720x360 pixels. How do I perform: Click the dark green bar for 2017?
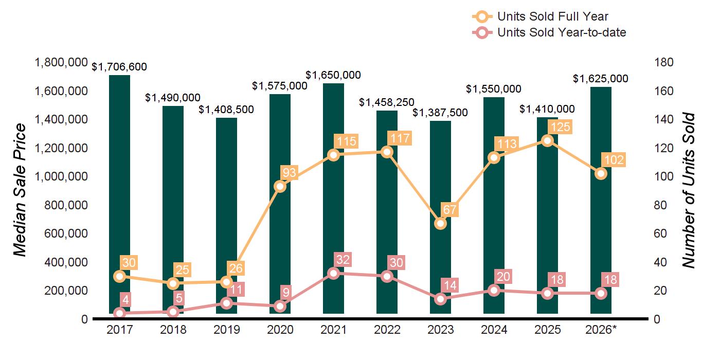[x=119, y=194]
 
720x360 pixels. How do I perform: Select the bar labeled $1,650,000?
[x=333, y=199]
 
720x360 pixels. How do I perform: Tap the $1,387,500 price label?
[x=440, y=113]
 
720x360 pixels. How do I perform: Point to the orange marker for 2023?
[x=440, y=223]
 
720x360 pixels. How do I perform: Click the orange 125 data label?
[x=561, y=127]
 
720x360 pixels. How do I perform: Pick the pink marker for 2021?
[x=334, y=274]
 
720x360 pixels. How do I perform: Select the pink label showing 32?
[x=343, y=259]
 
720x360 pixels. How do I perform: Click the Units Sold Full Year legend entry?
[x=540, y=16]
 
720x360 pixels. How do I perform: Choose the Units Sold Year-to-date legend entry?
[x=549, y=32]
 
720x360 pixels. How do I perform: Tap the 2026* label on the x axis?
[x=601, y=330]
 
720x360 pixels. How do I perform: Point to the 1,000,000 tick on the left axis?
[x=61, y=176]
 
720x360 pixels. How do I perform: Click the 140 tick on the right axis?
[x=664, y=119]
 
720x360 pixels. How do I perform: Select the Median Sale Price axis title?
[x=20, y=190]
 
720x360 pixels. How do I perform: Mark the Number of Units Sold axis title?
[x=688, y=190]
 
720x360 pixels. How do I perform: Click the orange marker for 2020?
[x=280, y=186]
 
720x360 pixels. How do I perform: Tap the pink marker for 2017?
[x=119, y=313]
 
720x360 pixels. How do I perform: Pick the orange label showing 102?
[x=614, y=160]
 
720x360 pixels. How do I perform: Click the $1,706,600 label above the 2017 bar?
[x=119, y=67]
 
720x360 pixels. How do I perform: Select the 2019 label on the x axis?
[x=227, y=330]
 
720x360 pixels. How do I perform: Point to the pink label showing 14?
[x=449, y=285]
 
